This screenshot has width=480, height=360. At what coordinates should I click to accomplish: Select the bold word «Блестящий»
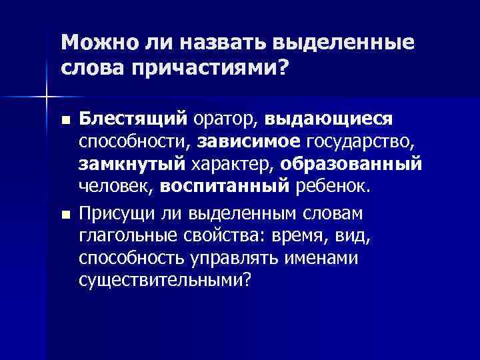tap(134, 118)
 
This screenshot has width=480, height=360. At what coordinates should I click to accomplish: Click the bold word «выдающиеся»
tap(329, 118)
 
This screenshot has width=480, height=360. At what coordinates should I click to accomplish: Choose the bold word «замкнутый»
tap(132, 164)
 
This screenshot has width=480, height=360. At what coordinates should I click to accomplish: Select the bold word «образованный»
tap(351, 164)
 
